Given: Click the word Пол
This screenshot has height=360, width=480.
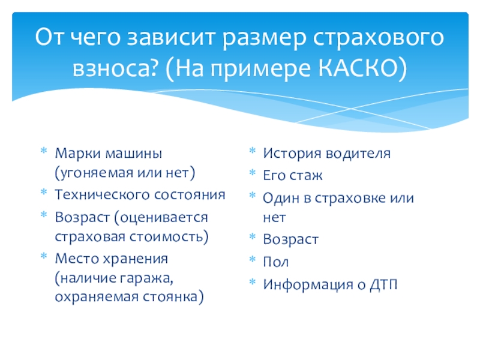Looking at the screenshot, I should (275, 262).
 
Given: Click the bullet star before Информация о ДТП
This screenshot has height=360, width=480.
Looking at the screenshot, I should (253, 282).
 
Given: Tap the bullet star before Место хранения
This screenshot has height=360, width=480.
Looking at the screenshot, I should (44, 257).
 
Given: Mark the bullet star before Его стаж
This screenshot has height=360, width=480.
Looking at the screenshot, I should (253, 175).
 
